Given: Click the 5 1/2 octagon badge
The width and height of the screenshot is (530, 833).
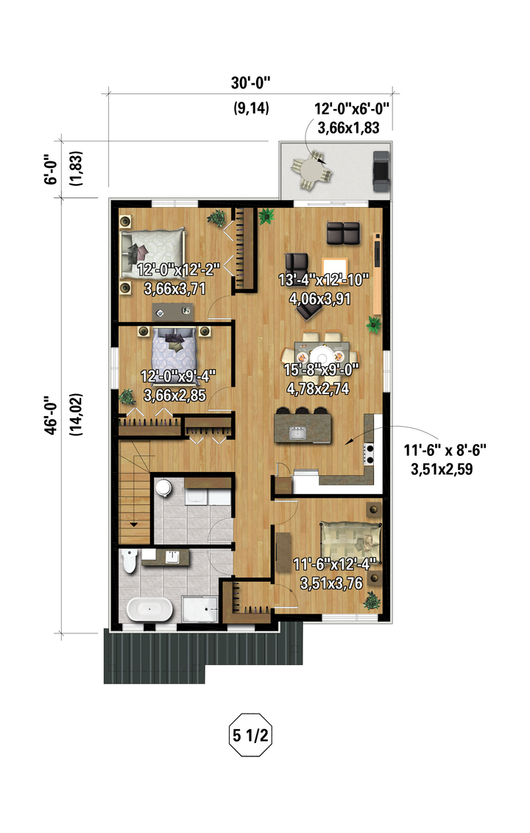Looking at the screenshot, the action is [x=250, y=735].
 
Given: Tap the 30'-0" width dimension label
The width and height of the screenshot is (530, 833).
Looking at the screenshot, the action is [x=251, y=83].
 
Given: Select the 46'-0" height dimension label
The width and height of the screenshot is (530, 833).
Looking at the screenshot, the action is [x=51, y=415].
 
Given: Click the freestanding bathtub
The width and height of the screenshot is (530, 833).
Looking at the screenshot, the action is [x=149, y=609].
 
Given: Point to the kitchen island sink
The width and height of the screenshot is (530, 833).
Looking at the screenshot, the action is [x=297, y=433].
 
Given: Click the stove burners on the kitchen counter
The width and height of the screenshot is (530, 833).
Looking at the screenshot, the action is [x=368, y=453].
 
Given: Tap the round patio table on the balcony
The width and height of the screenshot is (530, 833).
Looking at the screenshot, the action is [x=311, y=171].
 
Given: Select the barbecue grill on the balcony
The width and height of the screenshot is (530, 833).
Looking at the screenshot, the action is [x=381, y=171].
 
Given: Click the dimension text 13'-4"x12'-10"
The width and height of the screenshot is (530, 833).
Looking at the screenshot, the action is [x=323, y=280].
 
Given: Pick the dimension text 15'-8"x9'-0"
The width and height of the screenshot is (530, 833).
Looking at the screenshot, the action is [x=322, y=369].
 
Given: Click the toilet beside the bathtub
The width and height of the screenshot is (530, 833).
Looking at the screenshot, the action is [x=129, y=560].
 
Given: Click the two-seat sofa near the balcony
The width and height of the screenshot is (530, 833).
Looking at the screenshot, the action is [x=343, y=233].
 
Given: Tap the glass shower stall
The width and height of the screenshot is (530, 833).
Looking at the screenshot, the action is [x=199, y=609].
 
